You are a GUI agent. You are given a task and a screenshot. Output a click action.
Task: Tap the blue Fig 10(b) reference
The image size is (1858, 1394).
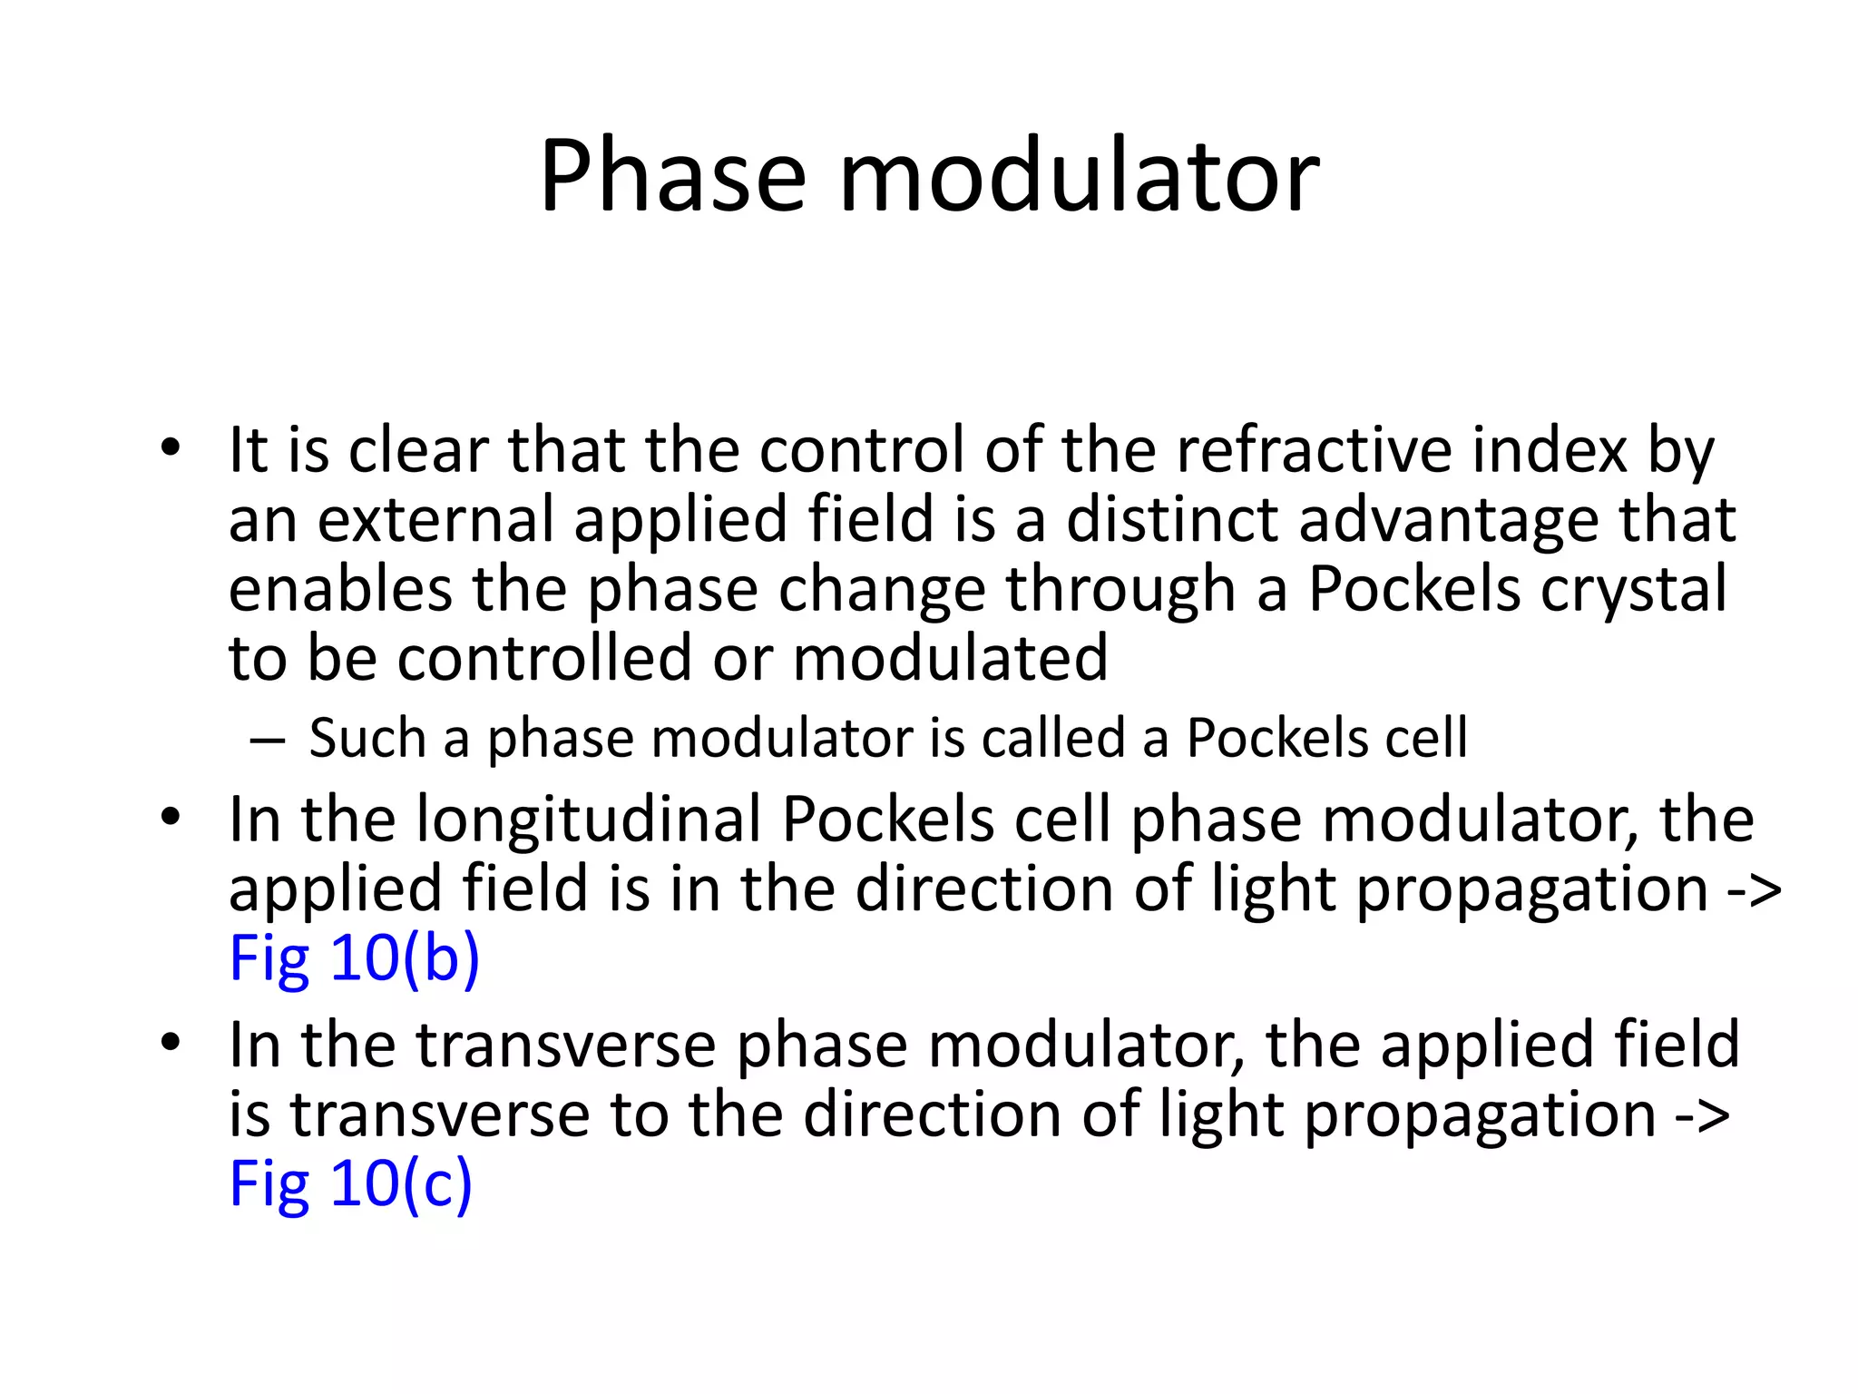tap(354, 957)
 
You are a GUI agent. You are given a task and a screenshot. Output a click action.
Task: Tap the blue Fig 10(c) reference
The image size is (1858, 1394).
tap(350, 1183)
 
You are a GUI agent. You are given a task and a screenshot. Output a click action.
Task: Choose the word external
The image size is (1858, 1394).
tap(435, 520)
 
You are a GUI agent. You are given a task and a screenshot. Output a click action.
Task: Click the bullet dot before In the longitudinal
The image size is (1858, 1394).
tap(170, 818)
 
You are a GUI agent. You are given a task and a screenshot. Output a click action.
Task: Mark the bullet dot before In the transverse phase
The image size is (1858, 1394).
tap(170, 1044)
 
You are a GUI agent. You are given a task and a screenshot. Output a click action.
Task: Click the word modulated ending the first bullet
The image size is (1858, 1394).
tap(950, 658)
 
